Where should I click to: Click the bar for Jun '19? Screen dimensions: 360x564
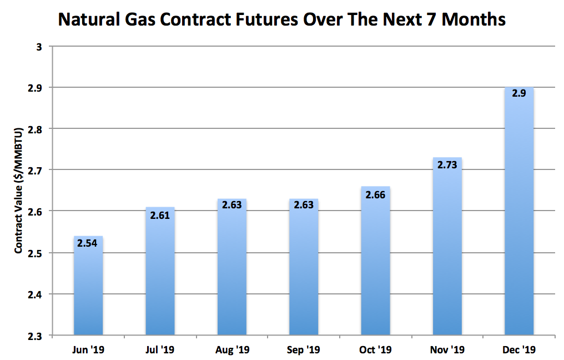pyautogui.click(x=88, y=286)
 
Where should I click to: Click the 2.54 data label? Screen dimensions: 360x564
pyautogui.click(x=88, y=243)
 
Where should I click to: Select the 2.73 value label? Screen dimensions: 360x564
pyautogui.click(x=447, y=164)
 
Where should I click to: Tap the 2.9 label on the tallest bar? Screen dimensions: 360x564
pyautogui.click(x=519, y=94)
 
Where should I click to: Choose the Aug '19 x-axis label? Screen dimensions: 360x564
pyautogui.click(x=232, y=350)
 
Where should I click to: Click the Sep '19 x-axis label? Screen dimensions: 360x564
pyautogui.click(x=304, y=350)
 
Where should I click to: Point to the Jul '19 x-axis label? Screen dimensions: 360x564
pyautogui.click(x=160, y=350)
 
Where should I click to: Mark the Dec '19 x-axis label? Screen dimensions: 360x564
pyautogui.click(x=519, y=350)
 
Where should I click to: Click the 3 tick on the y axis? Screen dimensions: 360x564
pyautogui.click(x=39, y=47)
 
